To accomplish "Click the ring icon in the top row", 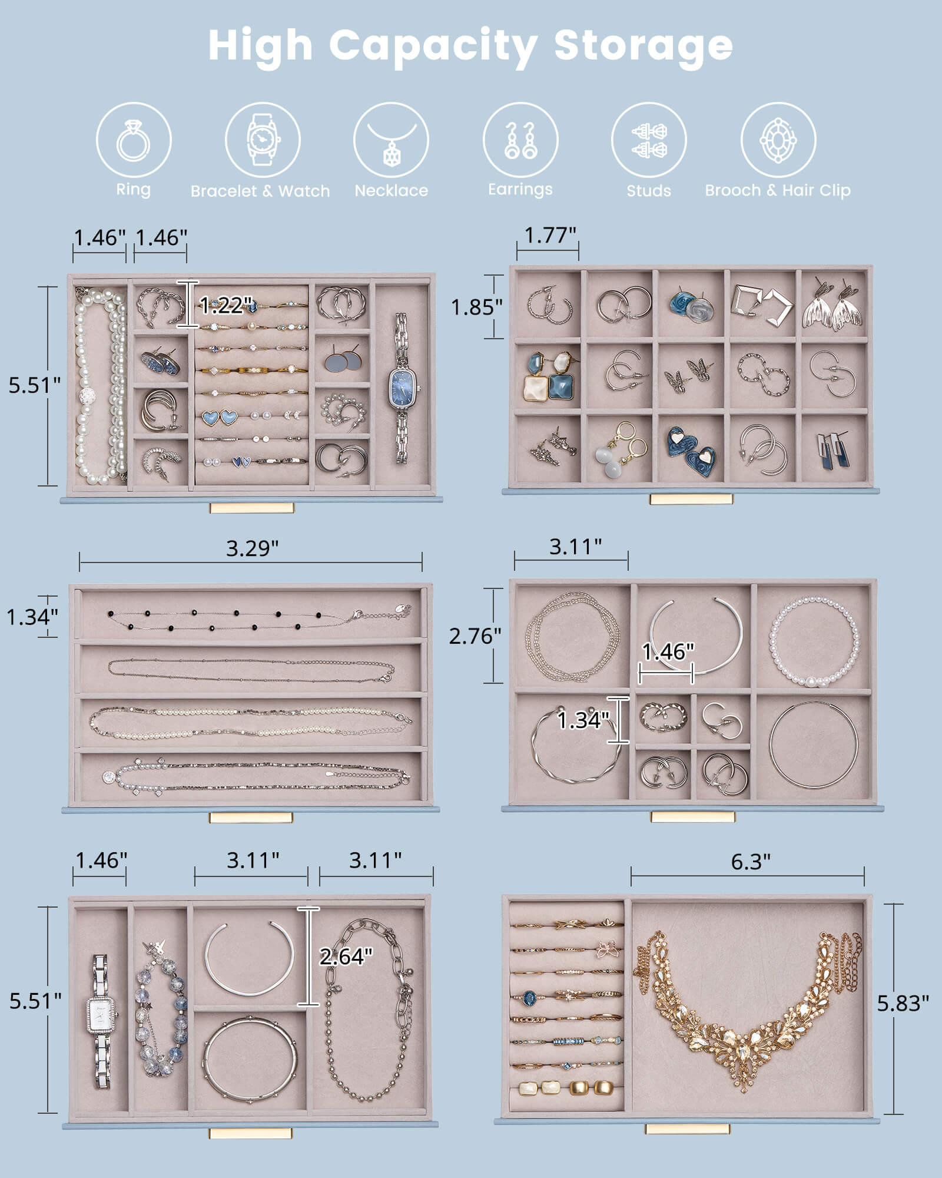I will [134, 140].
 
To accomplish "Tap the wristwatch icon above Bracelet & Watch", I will [263, 140].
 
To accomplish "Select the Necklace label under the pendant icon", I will [391, 190].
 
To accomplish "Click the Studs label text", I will [648, 191].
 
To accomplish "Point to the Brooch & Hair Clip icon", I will [778, 140].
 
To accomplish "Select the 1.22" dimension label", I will [225, 305].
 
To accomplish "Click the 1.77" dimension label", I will [550, 235].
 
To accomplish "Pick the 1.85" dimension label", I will [476, 307].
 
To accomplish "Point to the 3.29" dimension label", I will [252, 548].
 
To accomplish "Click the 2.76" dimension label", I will [475, 636].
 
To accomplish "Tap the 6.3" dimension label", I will [750, 862].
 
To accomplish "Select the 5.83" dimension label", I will [903, 1003].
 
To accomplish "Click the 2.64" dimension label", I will [346, 957].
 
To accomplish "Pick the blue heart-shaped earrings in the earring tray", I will [692, 449].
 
